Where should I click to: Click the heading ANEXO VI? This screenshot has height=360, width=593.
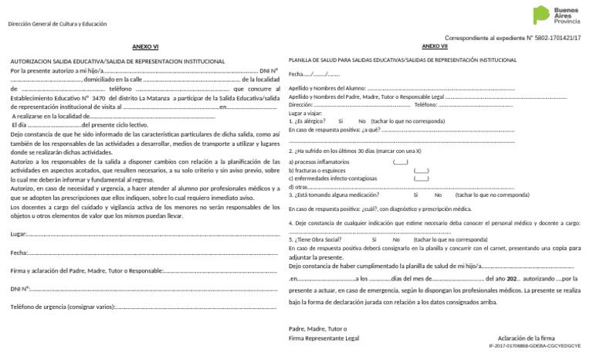[145, 46]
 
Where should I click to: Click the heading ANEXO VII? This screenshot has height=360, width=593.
[435, 46]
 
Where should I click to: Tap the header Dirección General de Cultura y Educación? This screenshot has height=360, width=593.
[56, 25]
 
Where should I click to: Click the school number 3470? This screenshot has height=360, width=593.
[98, 98]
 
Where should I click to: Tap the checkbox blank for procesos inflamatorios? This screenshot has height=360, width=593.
[401, 162]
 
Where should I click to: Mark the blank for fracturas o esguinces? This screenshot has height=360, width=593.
[421, 171]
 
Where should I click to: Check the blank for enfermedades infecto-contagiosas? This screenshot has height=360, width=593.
[421, 178]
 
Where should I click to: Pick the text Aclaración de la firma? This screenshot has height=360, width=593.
[527, 338]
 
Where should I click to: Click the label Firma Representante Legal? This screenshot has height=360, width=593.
[324, 338]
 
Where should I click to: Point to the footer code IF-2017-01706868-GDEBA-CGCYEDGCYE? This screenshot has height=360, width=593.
[534, 346]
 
